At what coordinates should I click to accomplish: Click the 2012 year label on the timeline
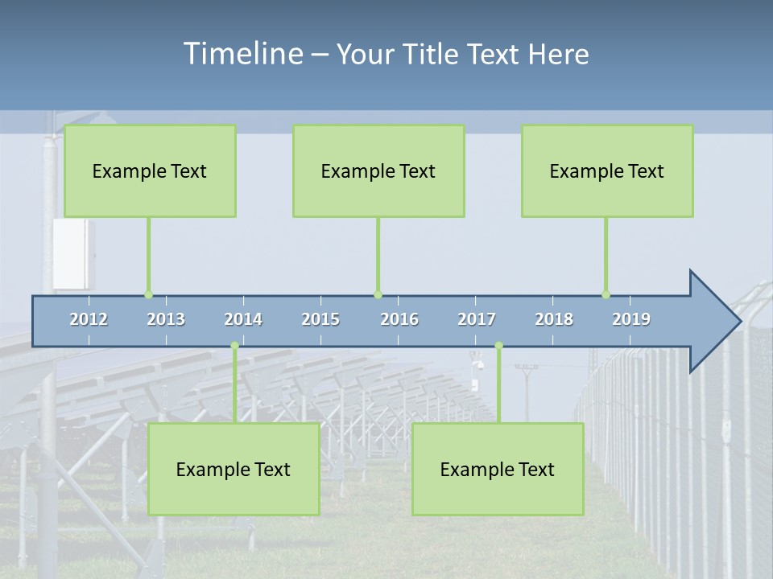(89, 319)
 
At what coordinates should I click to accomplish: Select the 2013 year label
(166, 319)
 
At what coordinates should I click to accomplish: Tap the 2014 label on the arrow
(243, 319)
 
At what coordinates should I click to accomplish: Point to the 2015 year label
(320, 319)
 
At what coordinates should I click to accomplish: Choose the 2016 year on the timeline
(399, 319)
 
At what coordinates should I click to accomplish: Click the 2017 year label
(477, 319)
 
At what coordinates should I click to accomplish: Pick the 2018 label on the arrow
(554, 319)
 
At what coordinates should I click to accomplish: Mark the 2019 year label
(631, 319)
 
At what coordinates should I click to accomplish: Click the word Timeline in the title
(242, 53)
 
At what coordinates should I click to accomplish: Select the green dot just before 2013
(148, 294)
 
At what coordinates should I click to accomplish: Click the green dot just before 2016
(378, 294)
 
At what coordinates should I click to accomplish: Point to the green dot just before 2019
(606, 294)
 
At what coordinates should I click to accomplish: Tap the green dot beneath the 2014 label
(234, 346)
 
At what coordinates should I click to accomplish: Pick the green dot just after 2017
(498, 346)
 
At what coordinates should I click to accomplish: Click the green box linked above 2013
(150, 170)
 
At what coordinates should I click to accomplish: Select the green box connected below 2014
(234, 469)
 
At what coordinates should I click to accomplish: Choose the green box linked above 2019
(607, 170)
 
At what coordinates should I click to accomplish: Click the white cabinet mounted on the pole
(74, 253)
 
